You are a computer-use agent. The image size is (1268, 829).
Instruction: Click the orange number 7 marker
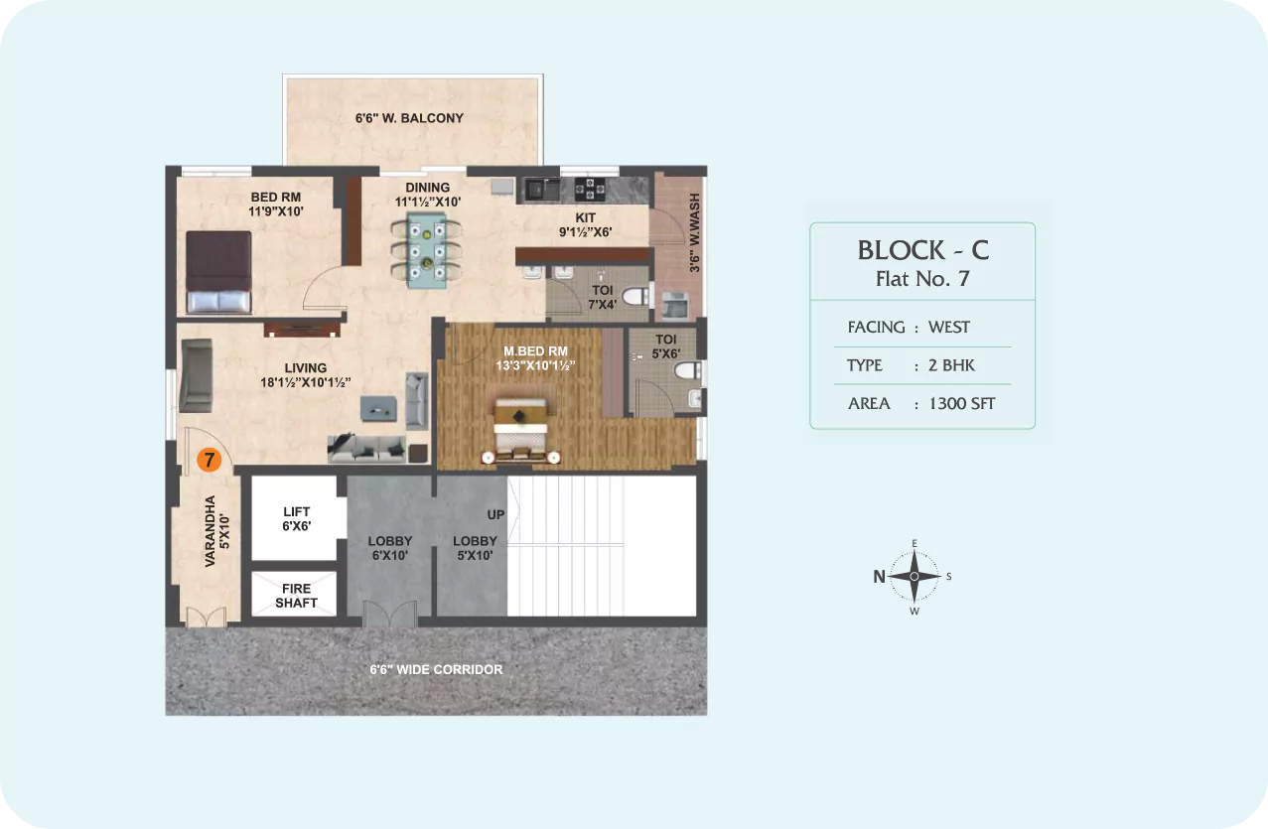(209, 460)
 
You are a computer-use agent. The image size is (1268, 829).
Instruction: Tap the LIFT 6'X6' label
(297, 519)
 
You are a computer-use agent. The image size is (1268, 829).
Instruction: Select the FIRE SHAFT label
(296, 596)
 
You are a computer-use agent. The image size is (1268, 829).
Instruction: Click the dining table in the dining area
(426, 250)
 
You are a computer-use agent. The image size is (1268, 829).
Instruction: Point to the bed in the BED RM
(218, 272)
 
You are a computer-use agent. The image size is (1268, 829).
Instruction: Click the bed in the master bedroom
(520, 427)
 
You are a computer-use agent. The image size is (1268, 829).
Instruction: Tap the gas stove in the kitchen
(590, 189)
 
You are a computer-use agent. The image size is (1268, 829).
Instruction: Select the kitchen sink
(542, 189)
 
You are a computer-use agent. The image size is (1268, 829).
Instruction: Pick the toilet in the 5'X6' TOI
(688, 370)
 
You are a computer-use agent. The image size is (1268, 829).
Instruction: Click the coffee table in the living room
(378, 409)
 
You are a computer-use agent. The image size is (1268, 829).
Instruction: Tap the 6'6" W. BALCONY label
(409, 118)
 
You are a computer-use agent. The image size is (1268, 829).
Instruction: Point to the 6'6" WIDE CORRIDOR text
(436, 669)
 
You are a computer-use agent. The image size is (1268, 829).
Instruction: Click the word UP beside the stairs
(495, 514)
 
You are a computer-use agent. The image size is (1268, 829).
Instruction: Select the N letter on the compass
(879, 577)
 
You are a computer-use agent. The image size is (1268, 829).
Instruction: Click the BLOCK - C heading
(923, 250)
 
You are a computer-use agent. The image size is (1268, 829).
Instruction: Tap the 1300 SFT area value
(962, 403)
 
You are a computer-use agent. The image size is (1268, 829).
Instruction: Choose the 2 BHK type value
(951, 365)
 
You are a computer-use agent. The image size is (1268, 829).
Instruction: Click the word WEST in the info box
(948, 327)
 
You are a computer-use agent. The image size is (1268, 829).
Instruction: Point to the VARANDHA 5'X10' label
(217, 531)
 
